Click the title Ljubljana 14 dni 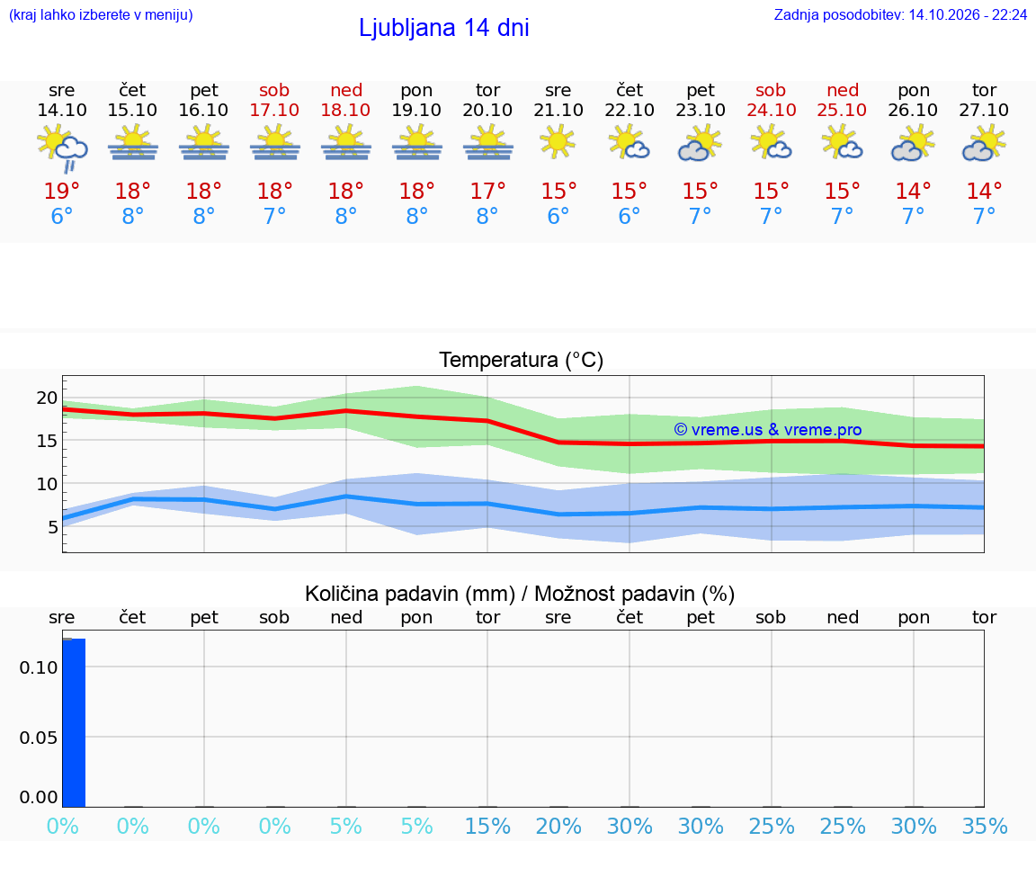(x=443, y=28)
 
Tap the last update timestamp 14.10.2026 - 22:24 (x=968, y=14)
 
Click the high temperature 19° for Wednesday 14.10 (x=61, y=191)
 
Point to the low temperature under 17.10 (x=275, y=216)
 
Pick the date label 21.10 (x=558, y=110)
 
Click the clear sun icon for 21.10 (x=557, y=142)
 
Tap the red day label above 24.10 (x=771, y=90)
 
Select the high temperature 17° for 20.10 (x=487, y=191)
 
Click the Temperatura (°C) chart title (x=522, y=360)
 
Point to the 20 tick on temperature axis (x=47, y=398)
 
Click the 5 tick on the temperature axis (x=52, y=527)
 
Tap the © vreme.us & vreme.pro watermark (x=768, y=430)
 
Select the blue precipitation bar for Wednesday (x=74, y=723)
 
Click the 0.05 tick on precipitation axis (x=39, y=738)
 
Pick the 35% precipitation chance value (x=985, y=826)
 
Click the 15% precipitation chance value (x=487, y=826)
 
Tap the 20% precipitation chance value (x=558, y=826)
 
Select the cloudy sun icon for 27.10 (x=984, y=145)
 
